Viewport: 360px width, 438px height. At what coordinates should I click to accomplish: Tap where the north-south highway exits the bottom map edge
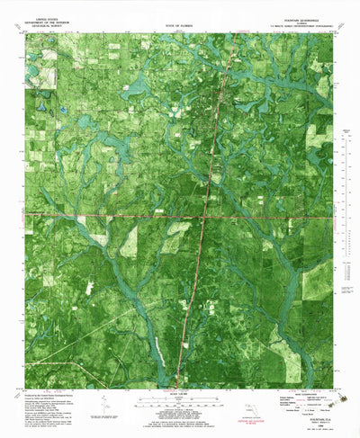(178, 388)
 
